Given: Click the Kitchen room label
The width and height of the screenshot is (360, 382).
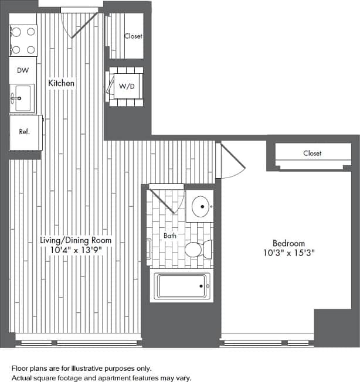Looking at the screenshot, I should (x=62, y=84).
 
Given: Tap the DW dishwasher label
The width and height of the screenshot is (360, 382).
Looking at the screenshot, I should (x=23, y=70).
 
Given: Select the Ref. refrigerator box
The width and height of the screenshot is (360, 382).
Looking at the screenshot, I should (x=25, y=132).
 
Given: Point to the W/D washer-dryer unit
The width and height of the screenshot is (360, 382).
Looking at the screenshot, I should (x=127, y=87).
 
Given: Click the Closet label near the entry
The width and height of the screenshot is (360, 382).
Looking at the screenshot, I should (x=133, y=36).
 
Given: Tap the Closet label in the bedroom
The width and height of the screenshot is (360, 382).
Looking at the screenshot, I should (x=312, y=154).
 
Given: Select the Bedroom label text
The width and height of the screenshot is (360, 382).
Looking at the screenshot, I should (x=288, y=243).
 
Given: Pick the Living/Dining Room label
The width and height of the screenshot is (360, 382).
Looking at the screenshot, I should (x=75, y=240).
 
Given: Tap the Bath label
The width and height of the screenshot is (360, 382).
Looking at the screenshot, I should (x=170, y=236).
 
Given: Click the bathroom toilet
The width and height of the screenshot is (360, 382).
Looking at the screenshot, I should (x=196, y=251).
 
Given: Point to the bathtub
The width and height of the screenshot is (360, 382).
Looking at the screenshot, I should (x=182, y=286).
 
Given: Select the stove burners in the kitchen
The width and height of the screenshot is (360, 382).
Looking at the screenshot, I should (x=23, y=41).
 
